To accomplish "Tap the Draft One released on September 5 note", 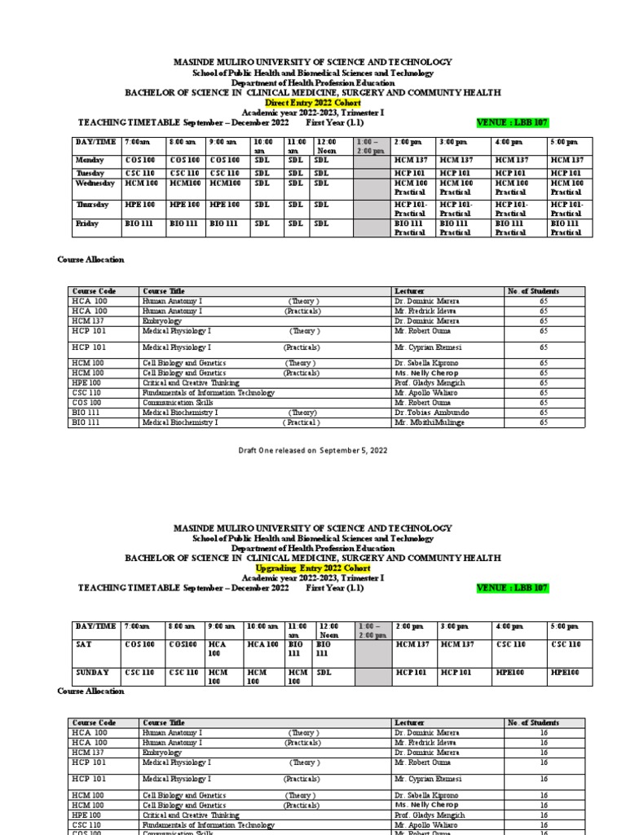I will (x=312, y=450).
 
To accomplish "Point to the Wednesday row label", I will (x=93, y=186).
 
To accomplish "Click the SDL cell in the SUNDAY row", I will (x=324, y=673).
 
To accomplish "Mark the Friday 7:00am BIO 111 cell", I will (x=139, y=222).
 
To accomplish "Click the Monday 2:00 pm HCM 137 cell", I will (x=412, y=161).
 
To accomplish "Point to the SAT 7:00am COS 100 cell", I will (x=139, y=644).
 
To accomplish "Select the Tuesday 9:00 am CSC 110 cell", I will (x=225, y=173).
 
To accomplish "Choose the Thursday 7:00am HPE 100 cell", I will (x=139, y=204).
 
